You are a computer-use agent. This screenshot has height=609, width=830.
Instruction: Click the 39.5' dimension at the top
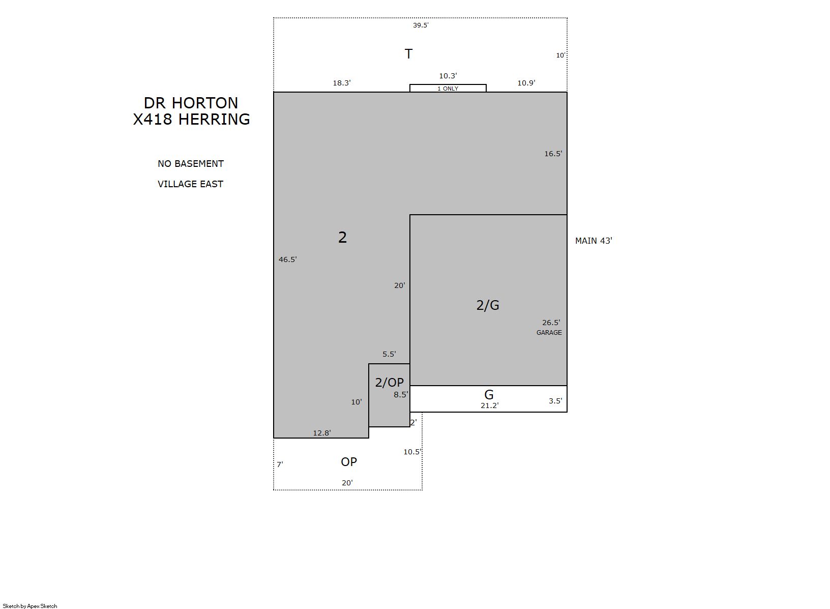pyautogui.click(x=421, y=25)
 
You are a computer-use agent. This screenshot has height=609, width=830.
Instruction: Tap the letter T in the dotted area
pyautogui.click(x=408, y=54)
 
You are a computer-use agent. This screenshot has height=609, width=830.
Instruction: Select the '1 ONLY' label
pyautogui.click(x=448, y=89)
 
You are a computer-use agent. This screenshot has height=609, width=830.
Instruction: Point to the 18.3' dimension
pyautogui.click(x=342, y=83)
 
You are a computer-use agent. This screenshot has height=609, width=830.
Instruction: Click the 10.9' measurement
pyautogui.click(x=526, y=83)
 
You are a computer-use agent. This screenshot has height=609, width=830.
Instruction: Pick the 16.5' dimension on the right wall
pyautogui.click(x=553, y=154)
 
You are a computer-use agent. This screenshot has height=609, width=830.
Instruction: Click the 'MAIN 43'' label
pyautogui.click(x=594, y=241)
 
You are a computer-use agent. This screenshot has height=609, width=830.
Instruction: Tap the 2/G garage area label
pyautogui.click(x=488, y=305)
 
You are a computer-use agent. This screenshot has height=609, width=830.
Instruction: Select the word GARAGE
pyautogui.click(x=549, y=333)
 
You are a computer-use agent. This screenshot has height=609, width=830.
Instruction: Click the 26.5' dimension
pyautogui.click(x=551, y=323)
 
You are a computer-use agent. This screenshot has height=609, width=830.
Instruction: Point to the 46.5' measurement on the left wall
pyautogui.click(x=287, y=259)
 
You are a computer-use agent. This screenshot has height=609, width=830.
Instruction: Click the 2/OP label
pyautogui.click(x=390, y=382)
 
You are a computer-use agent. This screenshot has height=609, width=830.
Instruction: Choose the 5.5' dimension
pyautogui.click(x=389, y=354)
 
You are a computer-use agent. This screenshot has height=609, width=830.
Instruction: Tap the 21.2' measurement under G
pyautogui.click(x=489, y=405)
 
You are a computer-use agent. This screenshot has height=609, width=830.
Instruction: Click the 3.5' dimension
pyautogui.click(x=555, y=401)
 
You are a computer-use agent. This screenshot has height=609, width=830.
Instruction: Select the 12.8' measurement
pyautogui.click(x=322, y=433)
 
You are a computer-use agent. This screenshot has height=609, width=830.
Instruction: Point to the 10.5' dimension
pyautogui.click(x=412, y=452)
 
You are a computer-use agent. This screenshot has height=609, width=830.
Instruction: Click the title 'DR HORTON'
pyautogui.click(x=191, y=103)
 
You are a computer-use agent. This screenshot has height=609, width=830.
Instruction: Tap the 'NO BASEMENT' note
pyautogui.click(x=191, y=164)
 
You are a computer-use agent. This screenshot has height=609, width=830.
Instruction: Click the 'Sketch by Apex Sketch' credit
pyautogui.click(x=30, y=606)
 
